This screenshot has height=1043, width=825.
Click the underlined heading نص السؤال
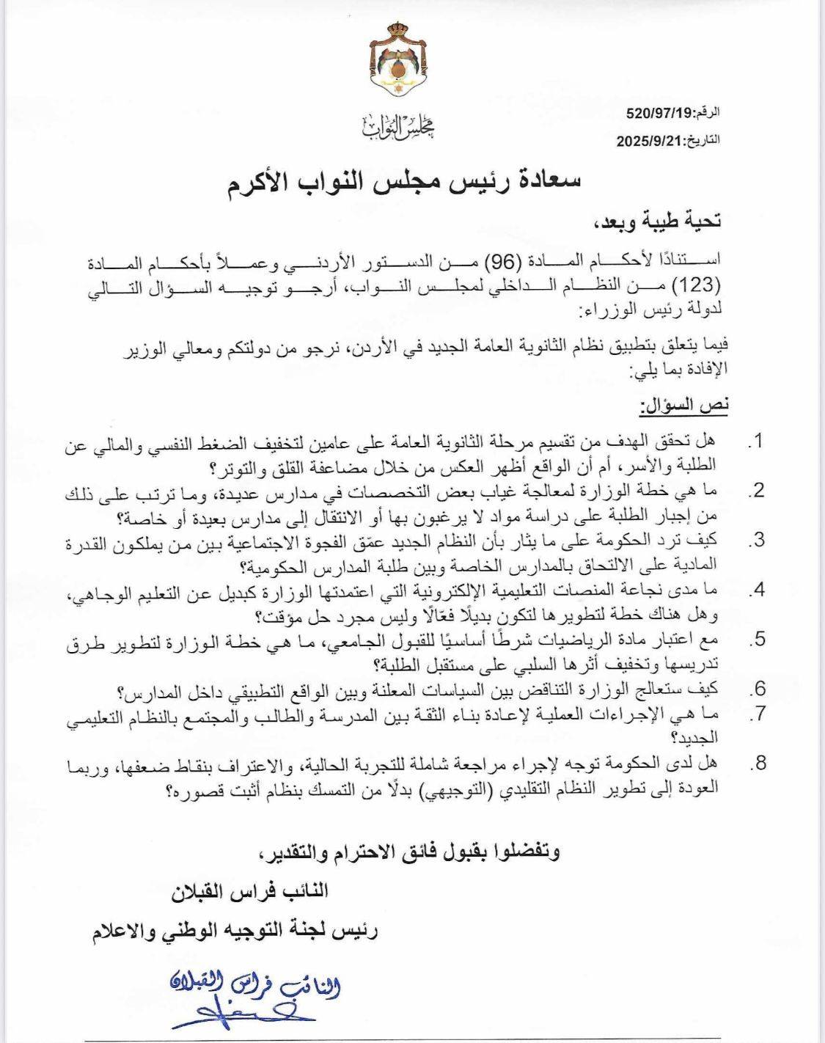click(685, 405)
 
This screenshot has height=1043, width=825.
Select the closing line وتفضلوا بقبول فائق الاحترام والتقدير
click(411, 852)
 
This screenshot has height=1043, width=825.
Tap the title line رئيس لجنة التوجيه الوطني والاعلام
click(234, 933)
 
